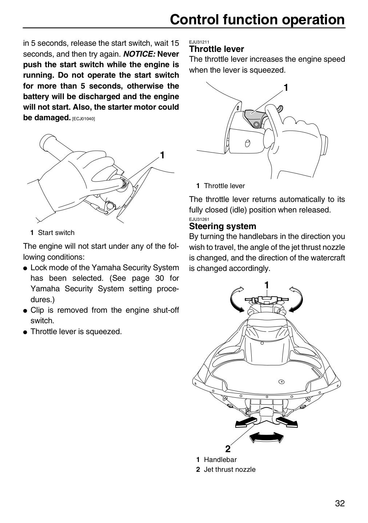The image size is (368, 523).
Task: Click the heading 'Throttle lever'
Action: point(216,49)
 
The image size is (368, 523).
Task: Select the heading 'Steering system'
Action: point(223,226)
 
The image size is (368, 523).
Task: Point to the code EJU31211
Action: point(199,42)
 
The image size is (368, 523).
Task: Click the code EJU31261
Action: point(199,219)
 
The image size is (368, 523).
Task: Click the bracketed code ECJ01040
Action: point(84,119)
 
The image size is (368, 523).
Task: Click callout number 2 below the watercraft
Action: point(228,449)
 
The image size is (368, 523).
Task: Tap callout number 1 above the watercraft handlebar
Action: point(267,285)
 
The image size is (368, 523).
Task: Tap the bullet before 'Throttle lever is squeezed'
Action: point(25,332)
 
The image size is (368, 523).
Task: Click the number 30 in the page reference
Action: point(159,278)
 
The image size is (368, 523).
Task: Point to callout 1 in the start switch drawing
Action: point(162,155)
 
